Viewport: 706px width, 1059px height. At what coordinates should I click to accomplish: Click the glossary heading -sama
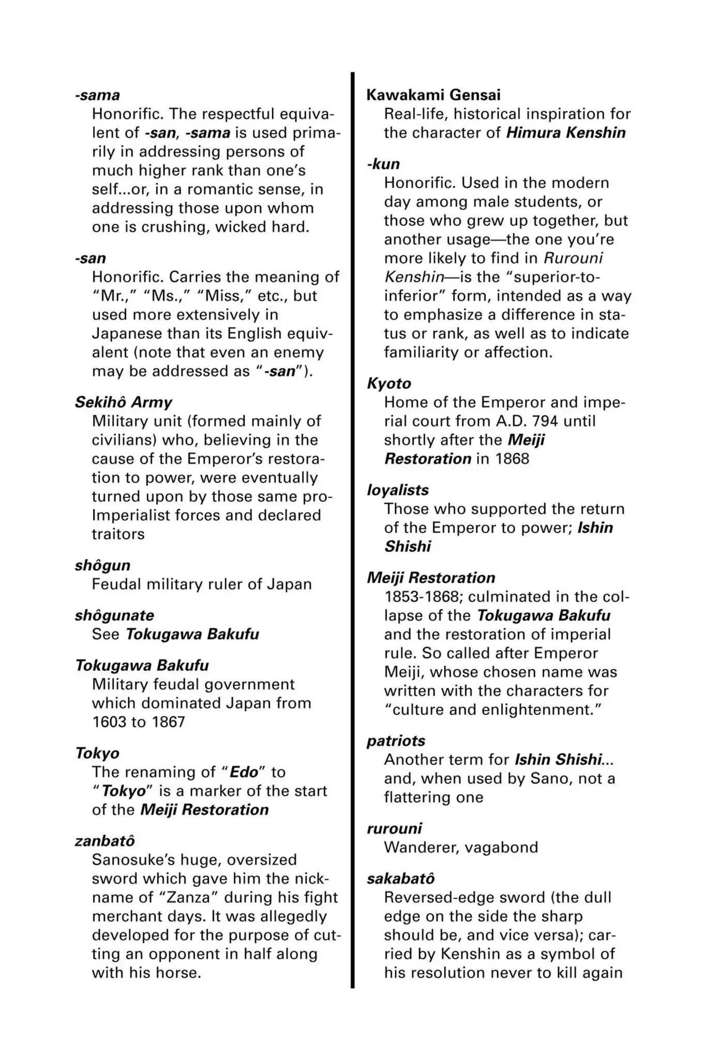[x=97, y=95]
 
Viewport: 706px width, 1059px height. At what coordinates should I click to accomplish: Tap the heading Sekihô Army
[x=123, y=402]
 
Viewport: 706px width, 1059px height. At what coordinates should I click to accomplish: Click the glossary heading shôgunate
[x=114, y=615]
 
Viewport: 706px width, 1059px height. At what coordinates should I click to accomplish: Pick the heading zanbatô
[x=105, y=841]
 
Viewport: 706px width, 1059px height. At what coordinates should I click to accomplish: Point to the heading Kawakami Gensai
[x=433, y=95]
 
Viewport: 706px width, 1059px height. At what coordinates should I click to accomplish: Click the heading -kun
[x=383, y=164]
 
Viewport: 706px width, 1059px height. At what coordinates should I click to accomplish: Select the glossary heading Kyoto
[x=389, y=383]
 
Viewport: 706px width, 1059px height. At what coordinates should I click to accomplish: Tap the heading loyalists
[x=398, y=490]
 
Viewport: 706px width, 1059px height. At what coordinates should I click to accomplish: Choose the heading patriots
[x=396, y=740]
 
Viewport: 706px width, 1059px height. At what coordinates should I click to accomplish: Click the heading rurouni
[x=394, y=828]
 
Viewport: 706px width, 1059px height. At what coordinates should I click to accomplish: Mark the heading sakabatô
[x=401, y=879]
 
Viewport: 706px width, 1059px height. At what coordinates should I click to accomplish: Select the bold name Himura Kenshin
[x=566, y=133]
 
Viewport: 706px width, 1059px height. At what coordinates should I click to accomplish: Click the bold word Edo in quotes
[x=244, y=772]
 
